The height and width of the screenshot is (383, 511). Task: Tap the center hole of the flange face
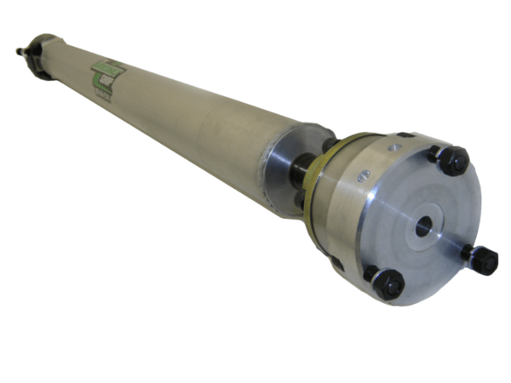point(423,226)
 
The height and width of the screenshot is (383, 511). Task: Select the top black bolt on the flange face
point(455,160)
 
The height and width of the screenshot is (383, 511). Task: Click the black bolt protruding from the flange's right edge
point(484,260)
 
